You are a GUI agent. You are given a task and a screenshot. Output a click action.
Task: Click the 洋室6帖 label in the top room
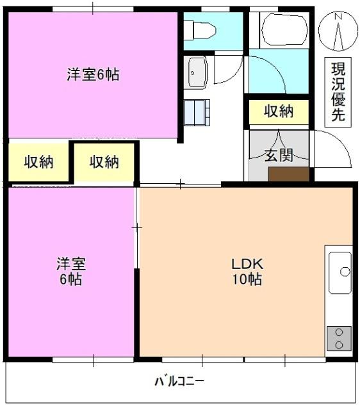click(x=93, y=74)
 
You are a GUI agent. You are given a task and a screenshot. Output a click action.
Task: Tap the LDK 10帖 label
click(x=247, y=271)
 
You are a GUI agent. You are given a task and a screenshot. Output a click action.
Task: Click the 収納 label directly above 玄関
click(x=279, y=111)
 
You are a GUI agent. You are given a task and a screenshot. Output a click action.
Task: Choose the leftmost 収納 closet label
click(x=38, y=162)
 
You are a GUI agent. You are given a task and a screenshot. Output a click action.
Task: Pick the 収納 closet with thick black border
click(x=104, y=162)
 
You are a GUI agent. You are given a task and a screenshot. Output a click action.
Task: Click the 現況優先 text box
click(x=338, y=91)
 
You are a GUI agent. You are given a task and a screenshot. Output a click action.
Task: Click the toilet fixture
click(x=201, y=30)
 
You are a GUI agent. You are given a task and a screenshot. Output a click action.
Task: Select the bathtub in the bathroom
click(x=284, y=29)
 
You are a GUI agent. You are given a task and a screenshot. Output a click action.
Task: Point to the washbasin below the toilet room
click(x=196, y=72)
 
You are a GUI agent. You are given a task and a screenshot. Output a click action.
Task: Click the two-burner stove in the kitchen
click(x=339, y=338)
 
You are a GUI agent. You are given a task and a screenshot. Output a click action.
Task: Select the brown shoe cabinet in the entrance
click(x=288, y=174)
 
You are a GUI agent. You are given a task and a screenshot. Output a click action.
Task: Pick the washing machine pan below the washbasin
click(x=197, y=113)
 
